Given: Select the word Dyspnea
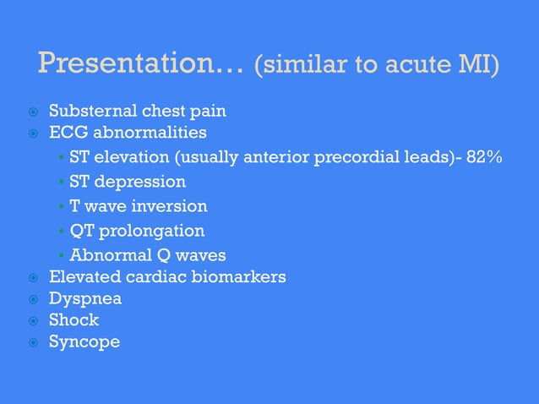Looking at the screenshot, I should [x=84, y=298].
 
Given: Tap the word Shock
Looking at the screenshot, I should [x=73, y=320].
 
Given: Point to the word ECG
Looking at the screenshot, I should [x=67, y=133].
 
